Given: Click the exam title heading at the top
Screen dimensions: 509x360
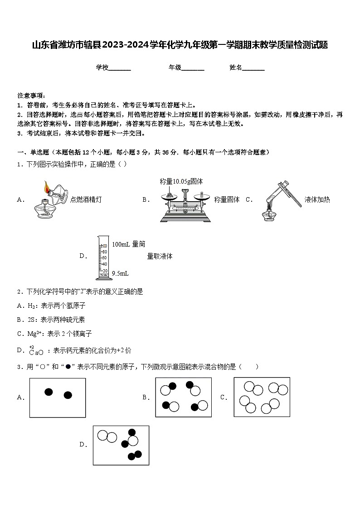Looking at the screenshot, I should tap(180, 45).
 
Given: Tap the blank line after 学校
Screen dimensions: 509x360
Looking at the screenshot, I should tap(120, 68).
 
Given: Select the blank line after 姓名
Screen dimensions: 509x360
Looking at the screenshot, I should tap(253, 68).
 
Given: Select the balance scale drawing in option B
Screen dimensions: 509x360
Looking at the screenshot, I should tap(185, 204).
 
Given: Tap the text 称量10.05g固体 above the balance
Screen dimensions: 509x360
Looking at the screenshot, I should tap(181, 181).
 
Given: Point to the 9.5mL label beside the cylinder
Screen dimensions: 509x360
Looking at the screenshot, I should tap(120, 273).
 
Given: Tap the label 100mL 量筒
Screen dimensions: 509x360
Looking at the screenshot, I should tap(128, 244).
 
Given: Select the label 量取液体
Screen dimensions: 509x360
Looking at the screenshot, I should tap(160, 257).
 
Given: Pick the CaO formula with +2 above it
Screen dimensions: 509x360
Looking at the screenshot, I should tap(36, 351).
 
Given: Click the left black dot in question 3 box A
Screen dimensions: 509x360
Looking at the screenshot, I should tap(49, 392).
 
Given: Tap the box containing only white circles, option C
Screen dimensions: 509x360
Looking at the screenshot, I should tap(262, 397).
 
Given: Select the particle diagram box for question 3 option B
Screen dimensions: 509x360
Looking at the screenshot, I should tap(184, 398).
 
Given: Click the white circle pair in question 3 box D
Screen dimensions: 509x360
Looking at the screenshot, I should tap(107, 436).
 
